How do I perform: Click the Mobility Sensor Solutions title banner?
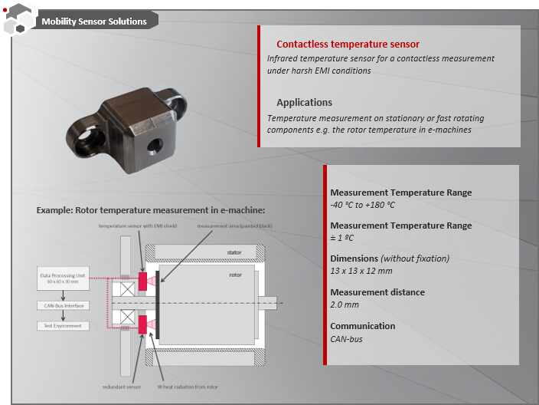point(94,21)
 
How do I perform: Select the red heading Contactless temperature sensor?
point(348,44)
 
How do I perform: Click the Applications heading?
point(304,102)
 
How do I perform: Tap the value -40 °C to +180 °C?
point(362,205)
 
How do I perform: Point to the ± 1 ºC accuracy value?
point(341,238)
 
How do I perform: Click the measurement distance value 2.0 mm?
point(345,305)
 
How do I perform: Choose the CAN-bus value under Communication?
point(346,338)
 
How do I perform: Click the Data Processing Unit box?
point(64,278)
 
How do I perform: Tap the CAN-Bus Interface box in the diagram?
point(64,305)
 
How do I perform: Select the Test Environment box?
point(64,326)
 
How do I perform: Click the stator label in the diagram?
point(235,252)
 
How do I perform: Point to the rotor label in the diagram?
point(235,275)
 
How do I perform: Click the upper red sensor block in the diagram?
point(142,282)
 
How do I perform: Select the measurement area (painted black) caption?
point(234,226)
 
